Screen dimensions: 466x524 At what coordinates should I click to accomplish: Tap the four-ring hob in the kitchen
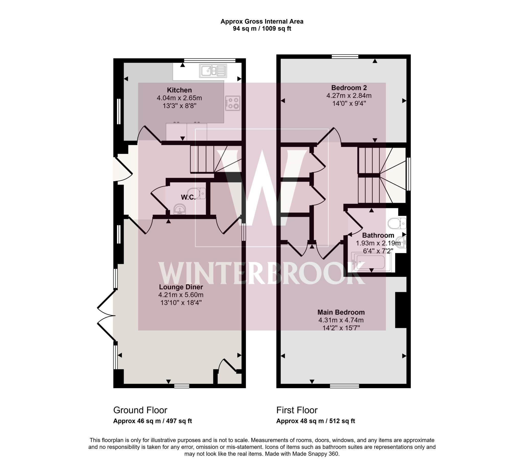pos(233,103)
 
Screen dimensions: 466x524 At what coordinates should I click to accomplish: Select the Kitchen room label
pos(179,90)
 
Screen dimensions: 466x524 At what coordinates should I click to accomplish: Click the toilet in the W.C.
pos(197,194)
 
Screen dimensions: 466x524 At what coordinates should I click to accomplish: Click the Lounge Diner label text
pos(181,287)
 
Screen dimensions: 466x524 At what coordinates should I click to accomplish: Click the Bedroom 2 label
pos(349,88)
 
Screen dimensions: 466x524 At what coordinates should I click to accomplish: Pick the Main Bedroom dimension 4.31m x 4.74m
pos(341,320)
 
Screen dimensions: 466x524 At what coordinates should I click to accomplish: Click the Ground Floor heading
pos(140,410)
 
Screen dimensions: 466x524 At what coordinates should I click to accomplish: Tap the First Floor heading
pos(297,410)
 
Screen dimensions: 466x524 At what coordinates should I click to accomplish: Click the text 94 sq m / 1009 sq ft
pos(262,28)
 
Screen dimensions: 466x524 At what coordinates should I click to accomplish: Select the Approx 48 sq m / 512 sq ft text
pos(315,421)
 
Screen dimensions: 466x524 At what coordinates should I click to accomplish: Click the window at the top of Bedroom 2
pos(345,56)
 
